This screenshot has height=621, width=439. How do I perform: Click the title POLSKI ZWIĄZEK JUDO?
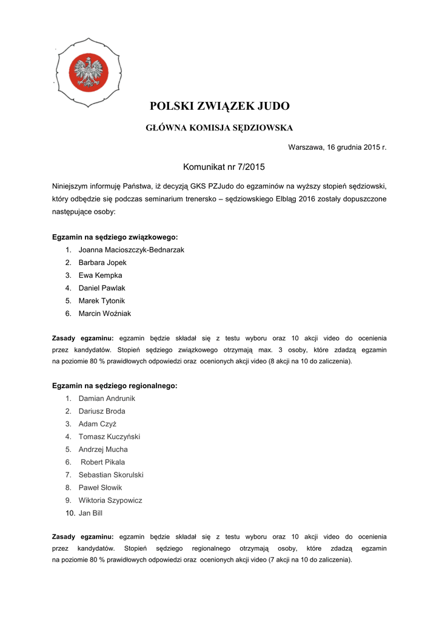[219, 106]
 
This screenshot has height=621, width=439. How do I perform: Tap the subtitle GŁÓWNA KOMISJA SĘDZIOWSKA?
[219, 128]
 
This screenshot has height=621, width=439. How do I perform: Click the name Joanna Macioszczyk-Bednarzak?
[131, 249]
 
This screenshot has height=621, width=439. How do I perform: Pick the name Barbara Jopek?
[102, 262]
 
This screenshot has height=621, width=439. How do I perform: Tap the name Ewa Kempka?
[100, 275]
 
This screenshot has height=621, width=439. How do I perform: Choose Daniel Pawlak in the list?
[102, 288]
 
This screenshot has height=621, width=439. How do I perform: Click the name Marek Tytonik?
[102, 301]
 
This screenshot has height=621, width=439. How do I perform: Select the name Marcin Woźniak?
[104, 314]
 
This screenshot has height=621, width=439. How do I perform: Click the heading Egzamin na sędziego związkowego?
[115, 237]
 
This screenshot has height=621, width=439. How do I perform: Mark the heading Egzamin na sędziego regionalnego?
[115, 386]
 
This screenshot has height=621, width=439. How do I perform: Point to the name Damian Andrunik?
[107, 398]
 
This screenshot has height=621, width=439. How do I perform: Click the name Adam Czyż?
[97, 424]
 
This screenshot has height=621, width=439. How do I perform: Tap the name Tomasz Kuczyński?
[109, 437]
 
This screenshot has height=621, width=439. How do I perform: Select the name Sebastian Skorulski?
[111, 475]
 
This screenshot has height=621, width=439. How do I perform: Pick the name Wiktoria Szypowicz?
[110, 500]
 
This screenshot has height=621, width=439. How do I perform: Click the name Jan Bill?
[91, 513]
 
